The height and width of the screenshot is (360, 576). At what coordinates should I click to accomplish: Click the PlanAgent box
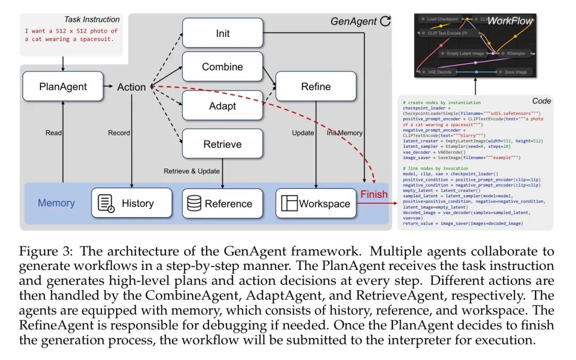pos(63,86)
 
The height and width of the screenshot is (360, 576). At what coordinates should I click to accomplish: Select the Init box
pos(223,33)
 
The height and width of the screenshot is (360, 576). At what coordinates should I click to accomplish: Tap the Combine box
pos(223,67)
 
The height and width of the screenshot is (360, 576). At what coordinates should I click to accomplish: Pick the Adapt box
pos(223,106)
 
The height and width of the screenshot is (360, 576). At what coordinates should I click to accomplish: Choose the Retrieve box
pos(223,144)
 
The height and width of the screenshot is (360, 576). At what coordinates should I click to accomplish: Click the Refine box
pos(316,86)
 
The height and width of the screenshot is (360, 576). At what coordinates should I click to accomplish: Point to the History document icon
pos(107,203)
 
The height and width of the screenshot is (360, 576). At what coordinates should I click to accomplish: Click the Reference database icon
pos(194,203)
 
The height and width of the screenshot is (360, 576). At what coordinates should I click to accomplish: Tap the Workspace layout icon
pos(289,203)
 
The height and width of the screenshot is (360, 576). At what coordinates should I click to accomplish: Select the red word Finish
pos(374,194)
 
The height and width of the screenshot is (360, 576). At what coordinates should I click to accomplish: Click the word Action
pos(131,87)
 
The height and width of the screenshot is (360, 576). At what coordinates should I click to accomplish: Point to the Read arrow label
pos(53,133)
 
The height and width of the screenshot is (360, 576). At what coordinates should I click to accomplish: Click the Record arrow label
pos(119,133)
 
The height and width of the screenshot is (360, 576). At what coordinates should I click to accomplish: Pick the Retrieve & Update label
pos(190,171)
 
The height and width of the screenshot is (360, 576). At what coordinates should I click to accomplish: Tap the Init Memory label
pos(345,133)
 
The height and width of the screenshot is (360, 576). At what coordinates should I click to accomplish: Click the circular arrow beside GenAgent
pos(385,22)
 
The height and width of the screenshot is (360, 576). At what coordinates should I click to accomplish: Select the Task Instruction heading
pos(92,20)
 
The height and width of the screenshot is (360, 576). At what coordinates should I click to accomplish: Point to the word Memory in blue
pos(56,203)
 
